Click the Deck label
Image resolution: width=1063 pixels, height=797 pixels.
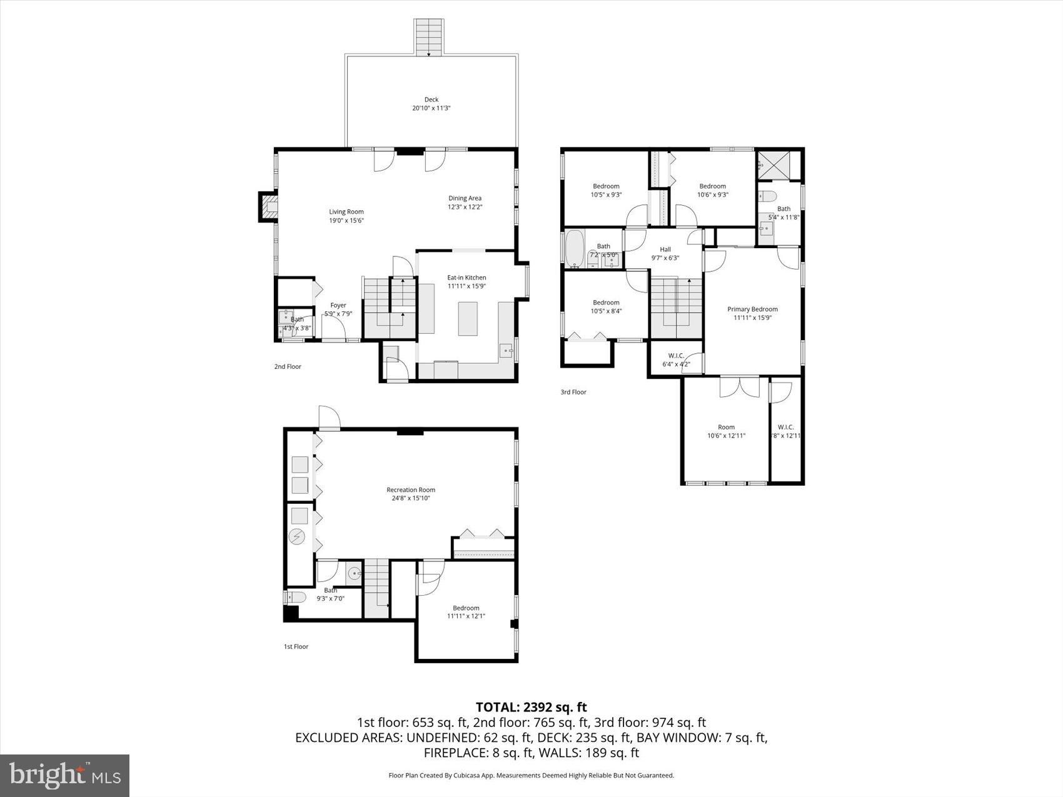(431, 99)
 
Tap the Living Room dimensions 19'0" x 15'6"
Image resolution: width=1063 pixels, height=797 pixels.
(346, 221)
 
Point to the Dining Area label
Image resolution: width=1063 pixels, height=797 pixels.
(465, 198)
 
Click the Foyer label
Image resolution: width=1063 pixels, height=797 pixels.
(338, 305)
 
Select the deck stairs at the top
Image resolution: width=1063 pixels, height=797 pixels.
(429, 37)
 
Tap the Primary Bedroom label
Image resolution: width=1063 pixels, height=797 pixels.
(752, 309)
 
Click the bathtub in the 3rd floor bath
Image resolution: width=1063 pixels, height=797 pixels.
(575, 249)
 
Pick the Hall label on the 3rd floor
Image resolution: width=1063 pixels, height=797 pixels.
(665, 249)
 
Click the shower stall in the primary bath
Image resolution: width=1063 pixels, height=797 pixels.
(777, 164)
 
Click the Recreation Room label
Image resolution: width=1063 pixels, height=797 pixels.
(411, 489)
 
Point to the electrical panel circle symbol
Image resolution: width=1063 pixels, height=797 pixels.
(297, 537)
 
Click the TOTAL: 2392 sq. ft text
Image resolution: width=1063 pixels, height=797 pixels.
(531, 707)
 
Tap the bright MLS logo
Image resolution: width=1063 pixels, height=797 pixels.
(65, 776)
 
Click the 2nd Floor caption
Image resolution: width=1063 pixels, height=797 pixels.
(288, 366)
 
